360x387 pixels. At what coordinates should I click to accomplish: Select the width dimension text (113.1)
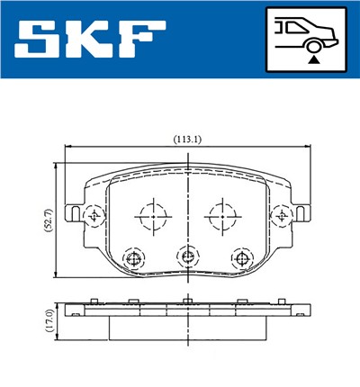186,139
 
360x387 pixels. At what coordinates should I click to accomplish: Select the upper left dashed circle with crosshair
151,216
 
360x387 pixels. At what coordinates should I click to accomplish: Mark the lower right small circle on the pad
239,258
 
